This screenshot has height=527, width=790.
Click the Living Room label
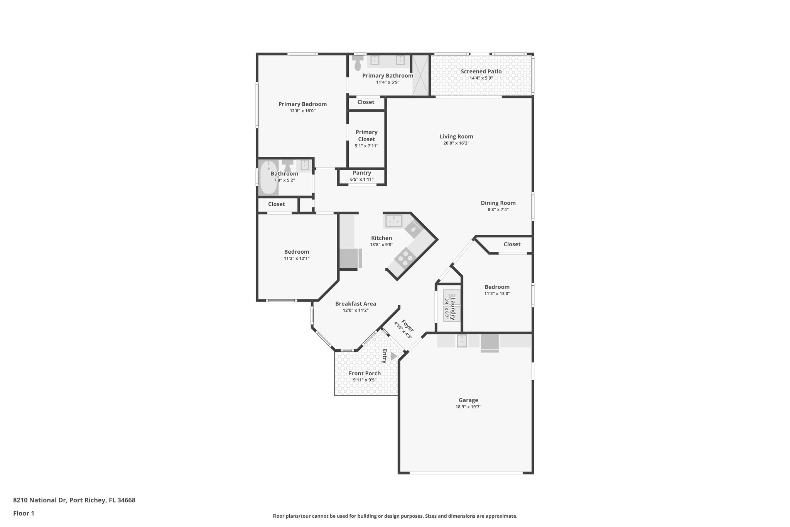pos(456,136)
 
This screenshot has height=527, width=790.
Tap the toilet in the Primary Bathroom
pos(358,63)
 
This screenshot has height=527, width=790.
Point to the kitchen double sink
pos(393,221)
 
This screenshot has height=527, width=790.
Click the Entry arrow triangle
pos(393,356)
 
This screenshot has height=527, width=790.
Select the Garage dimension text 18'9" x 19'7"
pos(468,407)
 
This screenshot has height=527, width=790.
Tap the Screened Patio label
pos(481,71)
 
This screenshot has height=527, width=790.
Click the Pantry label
pos(362,173)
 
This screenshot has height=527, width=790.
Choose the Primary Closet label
pos(366,136)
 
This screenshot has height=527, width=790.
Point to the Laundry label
pos(453,309)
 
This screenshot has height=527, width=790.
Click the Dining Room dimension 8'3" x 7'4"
pos(498,210)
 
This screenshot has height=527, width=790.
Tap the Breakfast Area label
pos(355,304)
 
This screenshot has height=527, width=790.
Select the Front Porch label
pos(365,373)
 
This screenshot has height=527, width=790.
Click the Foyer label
pos(407,325)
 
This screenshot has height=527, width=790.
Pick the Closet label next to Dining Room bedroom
pos(512,244)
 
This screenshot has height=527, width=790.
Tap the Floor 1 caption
pos(24,513)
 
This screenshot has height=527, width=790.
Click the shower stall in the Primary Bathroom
pos(420,75)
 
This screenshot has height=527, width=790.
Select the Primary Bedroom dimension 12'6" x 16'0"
pos(302,111)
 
